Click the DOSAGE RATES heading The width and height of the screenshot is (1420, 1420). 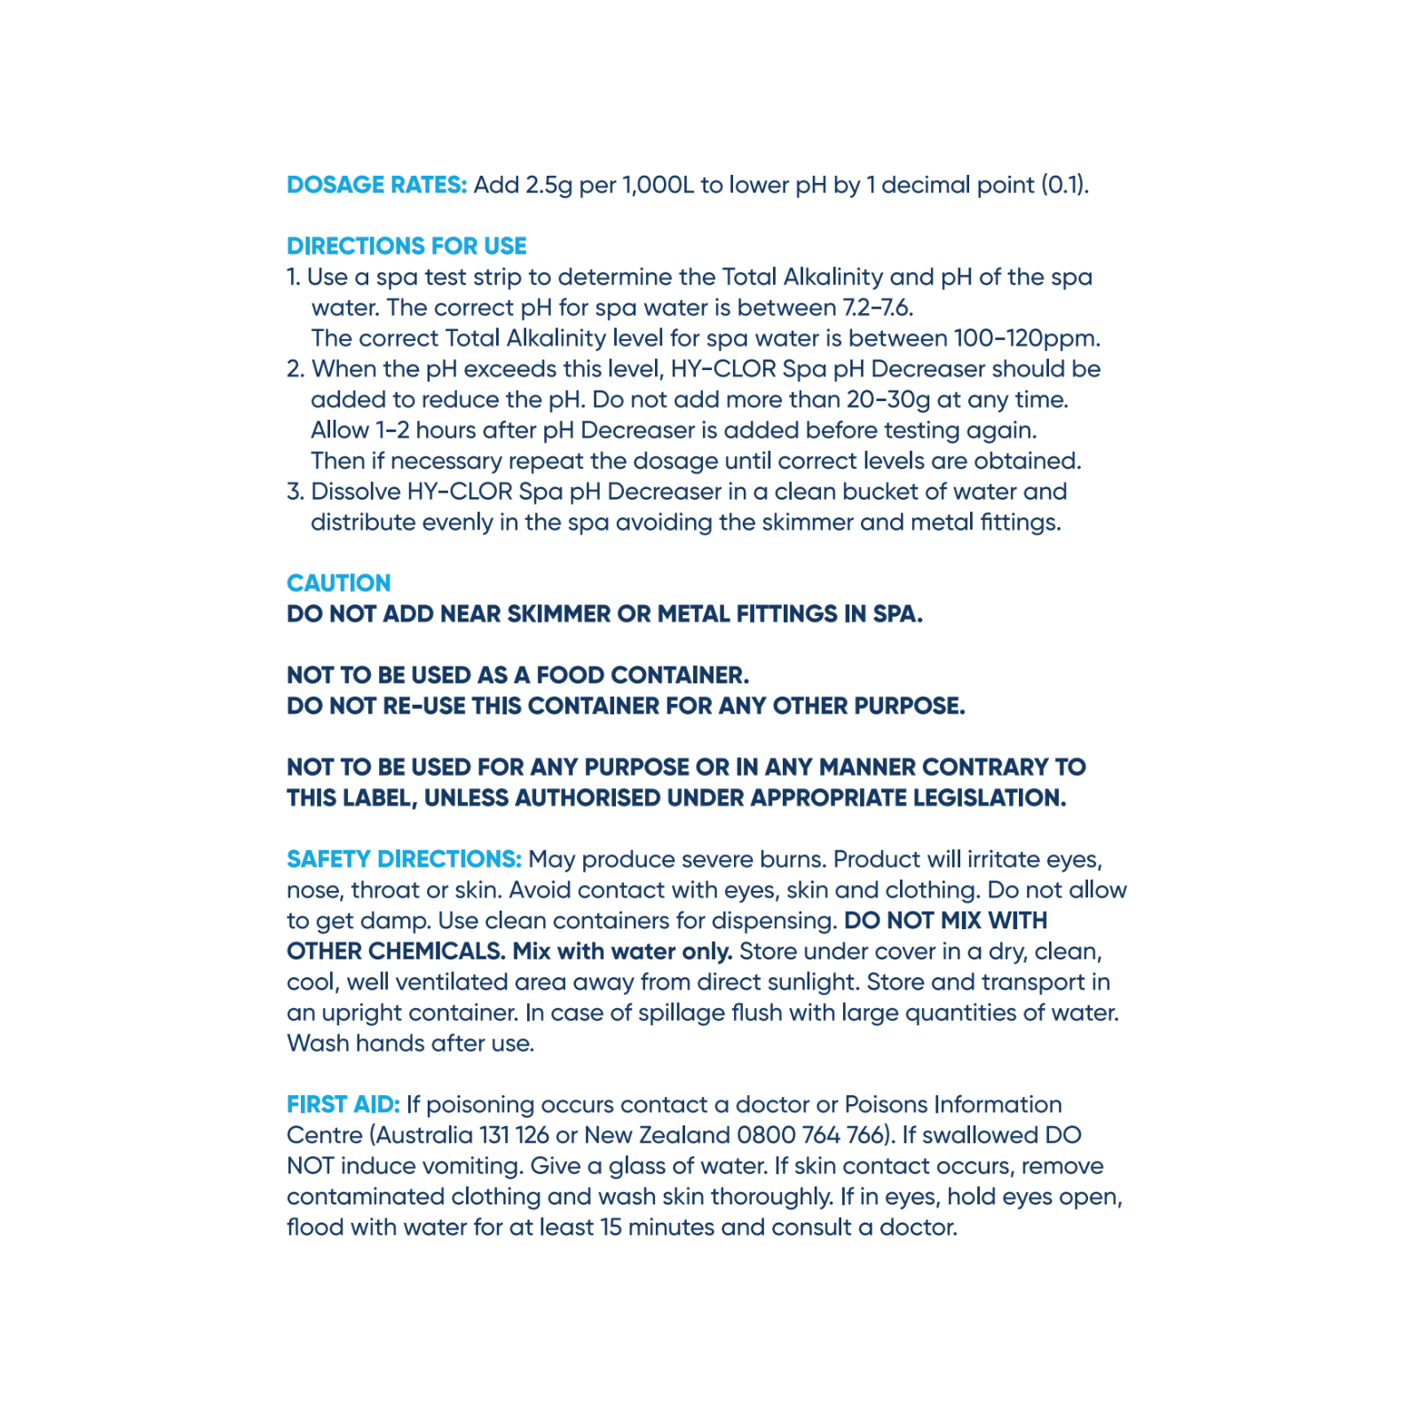pos(376,185)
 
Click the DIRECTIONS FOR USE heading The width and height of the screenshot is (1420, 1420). pos(406,246)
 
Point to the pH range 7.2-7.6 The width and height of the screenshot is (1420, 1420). pos(877,308)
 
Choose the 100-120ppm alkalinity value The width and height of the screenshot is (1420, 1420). pos(1027,339)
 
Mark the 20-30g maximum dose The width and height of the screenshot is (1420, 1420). pos(888,400)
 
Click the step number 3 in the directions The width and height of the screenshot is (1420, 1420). pos(295,492)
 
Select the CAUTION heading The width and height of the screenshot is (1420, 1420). pos(338,583)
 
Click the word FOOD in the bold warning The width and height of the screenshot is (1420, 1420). pos(574,675)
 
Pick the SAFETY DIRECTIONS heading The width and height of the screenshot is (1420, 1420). pos(404,859)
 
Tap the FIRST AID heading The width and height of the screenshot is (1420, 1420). pos(343,1104)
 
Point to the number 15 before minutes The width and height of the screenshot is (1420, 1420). pos(611,1227)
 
